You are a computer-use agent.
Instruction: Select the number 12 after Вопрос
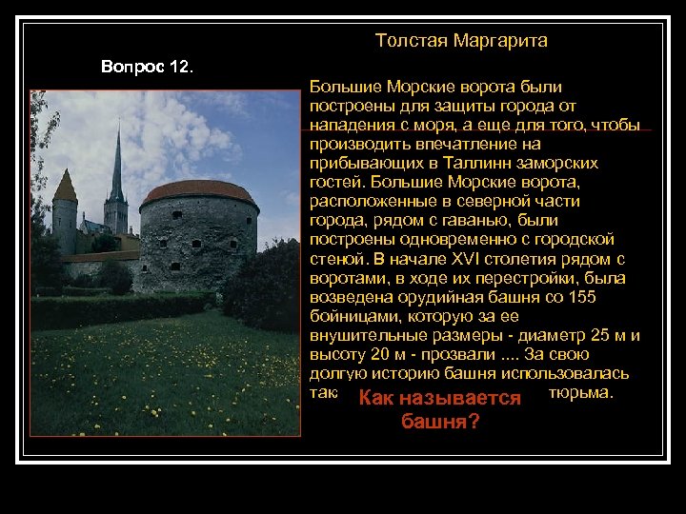tap(179, 68)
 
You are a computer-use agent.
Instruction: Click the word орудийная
tap(432, 296)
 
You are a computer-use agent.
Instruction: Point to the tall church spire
tap(117, 167)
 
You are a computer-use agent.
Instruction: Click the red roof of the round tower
tap(199, 192)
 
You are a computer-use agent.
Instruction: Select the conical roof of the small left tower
tap(65, 186)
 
